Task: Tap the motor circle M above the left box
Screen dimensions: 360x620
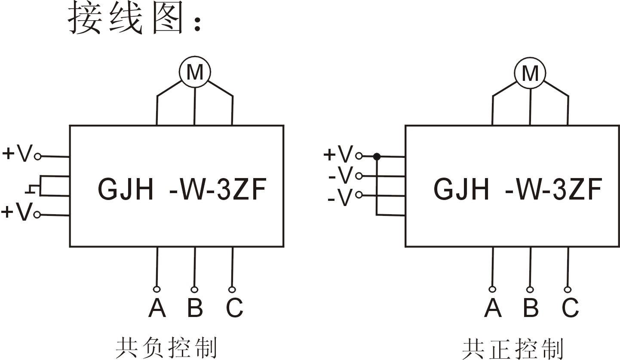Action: pyautogui.click(x=195, y=73)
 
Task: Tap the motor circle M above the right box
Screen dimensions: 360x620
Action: pyautogui.click(x=530, y=73)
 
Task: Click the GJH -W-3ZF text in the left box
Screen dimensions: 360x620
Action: pyautogui.click(x=182, y=189)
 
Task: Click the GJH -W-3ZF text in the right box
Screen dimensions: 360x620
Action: pyautogui.click(x=517, y=189)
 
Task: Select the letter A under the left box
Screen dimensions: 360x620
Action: pyautogui.click(x=157, y=308)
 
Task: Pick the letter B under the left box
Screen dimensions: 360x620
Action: pyautogui.click(x=195, y=308)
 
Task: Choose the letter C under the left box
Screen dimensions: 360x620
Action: pyautogui.click(x=234, y=308)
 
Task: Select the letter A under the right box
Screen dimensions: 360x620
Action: pyautogui.click(x=493, y=308)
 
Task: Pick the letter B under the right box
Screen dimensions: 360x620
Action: pyautogui.click(x=531, y=308)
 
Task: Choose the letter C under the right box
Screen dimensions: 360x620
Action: pyautogui.click(x=570, y=308)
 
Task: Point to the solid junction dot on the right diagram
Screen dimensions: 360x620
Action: pyautogui.click(x=377, y=157)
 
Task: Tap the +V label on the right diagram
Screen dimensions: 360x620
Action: pyautogui.click(x=338, y=154)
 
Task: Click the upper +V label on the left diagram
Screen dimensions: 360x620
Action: pyautogui.click(x=17, y=154)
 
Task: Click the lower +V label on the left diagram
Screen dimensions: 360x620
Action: pyautogui.click(x=17, y=212)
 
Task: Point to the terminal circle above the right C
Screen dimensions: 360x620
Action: pyautogui.click(x=568, y=289)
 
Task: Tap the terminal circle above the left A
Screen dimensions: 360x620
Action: pyautogui.click(x=157, y=289)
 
